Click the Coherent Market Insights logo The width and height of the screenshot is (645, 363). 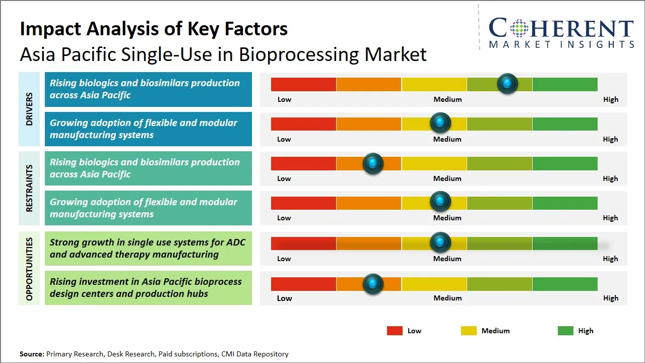[561, 32]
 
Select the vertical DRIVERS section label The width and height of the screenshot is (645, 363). [29, 108]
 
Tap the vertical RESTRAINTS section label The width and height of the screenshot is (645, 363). [29, 188]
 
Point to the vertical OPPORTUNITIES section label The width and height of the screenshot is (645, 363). [29, 269]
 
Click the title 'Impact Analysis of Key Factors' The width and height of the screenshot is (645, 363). [154, 29]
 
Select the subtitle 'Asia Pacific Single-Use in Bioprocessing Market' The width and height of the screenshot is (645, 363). [223, 54]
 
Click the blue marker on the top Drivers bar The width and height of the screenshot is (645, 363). [507, 83]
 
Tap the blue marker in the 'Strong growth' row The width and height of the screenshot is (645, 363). [440, 243]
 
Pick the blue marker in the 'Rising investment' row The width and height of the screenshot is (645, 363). [373, 284]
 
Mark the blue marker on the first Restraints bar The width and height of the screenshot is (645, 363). [373, 163]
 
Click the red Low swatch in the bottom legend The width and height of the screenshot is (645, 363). [395, 331]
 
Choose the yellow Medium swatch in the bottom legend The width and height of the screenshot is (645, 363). [469, 331]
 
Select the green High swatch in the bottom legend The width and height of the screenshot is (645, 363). [565, 331]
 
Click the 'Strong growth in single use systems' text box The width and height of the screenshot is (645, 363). [148, 248]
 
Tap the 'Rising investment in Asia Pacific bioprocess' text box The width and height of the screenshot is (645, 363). [148, 288]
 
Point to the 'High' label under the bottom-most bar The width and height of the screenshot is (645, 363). [610, 298]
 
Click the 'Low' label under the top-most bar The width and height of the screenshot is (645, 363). [284, 99]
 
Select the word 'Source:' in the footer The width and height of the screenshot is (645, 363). [32, 354]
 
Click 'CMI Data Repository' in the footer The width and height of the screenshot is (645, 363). [254, 354]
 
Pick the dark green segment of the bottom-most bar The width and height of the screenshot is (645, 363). [565, 284]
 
